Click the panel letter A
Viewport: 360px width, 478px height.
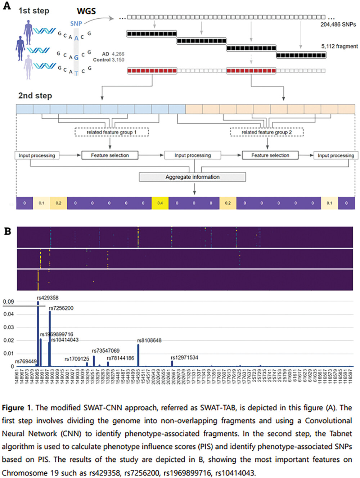point(7,6)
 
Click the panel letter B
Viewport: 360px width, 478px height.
point(8,231)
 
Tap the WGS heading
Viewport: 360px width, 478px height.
point(86,12)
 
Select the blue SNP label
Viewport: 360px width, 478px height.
point(76,23)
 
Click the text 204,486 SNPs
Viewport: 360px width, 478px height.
point(338,24)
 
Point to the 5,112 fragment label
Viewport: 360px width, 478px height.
point(339,46)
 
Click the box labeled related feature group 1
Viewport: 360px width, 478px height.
point(112,132)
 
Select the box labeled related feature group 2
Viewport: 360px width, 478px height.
point(267,132)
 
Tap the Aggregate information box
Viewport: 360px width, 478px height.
point(193,177)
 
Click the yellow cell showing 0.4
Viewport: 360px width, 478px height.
point(160,203)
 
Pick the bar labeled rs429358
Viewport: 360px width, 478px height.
point(38,333)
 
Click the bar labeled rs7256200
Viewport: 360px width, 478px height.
point(50,339)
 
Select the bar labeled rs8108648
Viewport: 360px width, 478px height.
point(138,355)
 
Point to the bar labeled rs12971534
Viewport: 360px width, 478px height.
point(172,363)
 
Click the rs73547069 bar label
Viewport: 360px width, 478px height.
point(105,350)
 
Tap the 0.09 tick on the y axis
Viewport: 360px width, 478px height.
point(8,301)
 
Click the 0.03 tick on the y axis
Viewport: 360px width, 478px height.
point(8,327)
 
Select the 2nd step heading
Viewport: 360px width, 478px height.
point(35,95)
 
